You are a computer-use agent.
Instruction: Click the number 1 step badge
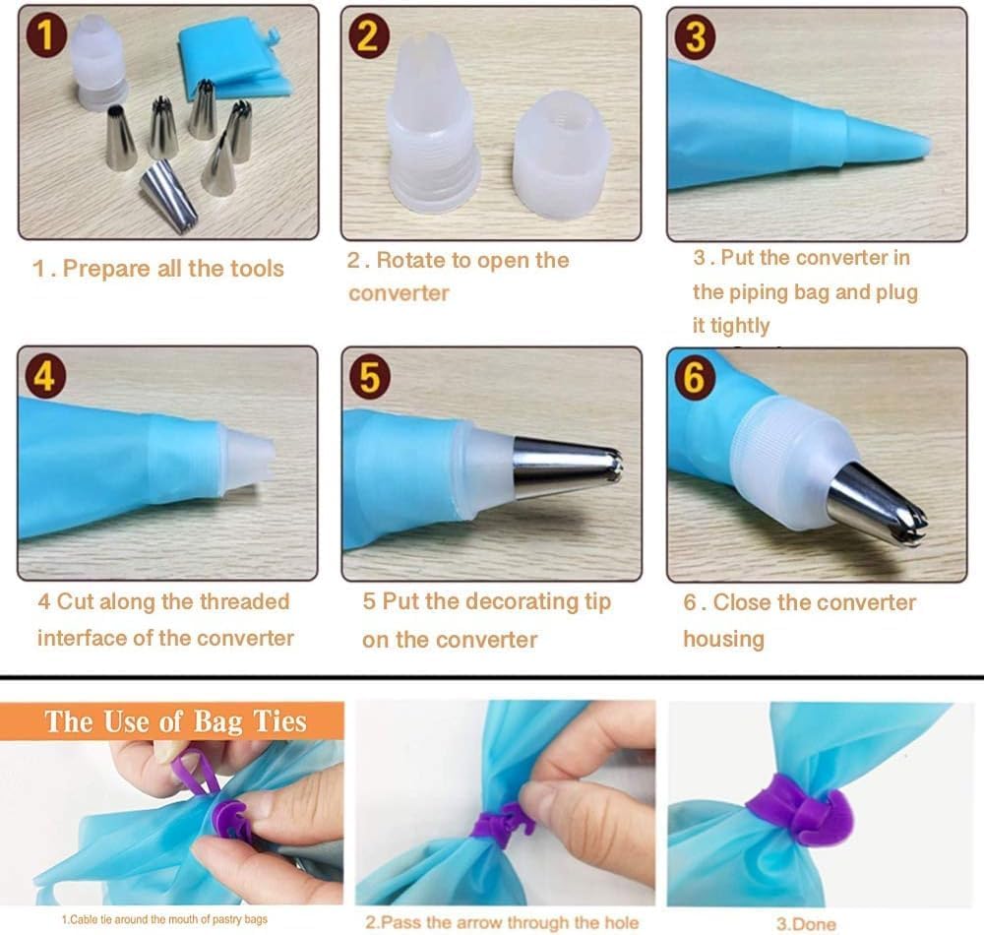point(46,36)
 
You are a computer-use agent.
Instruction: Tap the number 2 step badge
point(368,37)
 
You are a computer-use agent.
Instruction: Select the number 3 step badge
point(694,37)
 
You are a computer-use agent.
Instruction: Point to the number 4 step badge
point(45,378)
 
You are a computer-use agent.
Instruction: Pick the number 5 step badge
point(370,378)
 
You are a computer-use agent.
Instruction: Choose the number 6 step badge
point(694,378)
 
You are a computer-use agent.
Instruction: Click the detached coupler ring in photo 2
point(561,155)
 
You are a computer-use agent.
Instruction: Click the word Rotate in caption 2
point(417,261)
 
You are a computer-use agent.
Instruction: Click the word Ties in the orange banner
point(279,721)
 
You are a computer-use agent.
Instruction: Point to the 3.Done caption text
point(806,924)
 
